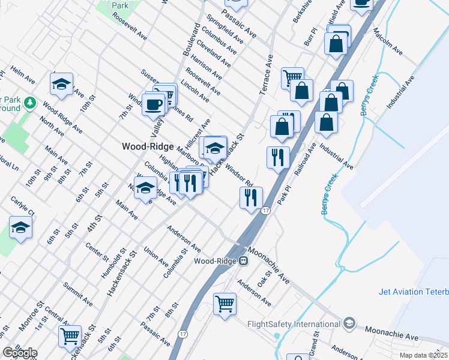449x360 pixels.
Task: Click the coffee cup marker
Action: (x=153, y=104)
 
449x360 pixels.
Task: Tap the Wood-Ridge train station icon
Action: (x=244, y=261)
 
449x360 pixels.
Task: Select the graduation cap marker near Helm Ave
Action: (x=61, y=85)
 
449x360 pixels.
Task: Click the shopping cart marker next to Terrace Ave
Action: (x=292, y=77)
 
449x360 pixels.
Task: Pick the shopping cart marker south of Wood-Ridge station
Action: (x=225, y=303)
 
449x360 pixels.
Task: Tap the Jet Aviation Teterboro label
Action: (x=414, y=292)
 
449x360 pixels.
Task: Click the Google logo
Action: (x=20, y=353)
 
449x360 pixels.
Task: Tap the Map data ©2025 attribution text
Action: (x=423, y=355)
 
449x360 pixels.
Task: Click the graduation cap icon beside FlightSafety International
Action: (x=349, y=325)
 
